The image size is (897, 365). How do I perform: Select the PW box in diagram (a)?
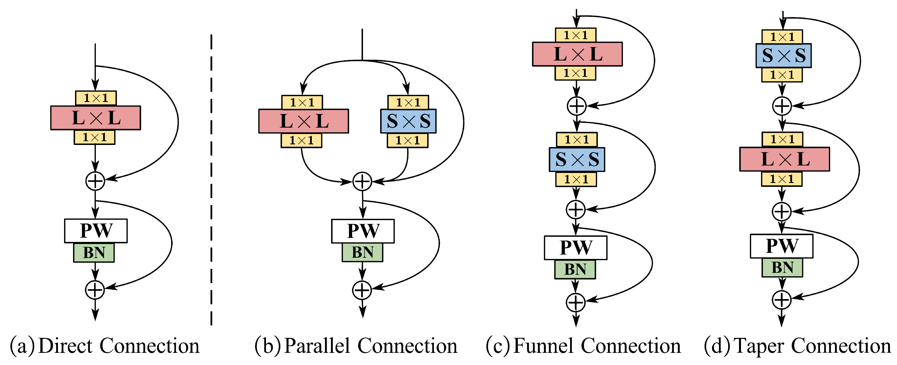96,230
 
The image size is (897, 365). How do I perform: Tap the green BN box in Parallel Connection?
363,253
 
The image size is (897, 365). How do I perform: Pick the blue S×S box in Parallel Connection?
408,121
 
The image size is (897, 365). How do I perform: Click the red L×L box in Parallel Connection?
303,121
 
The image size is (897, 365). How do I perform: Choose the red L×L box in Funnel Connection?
577,54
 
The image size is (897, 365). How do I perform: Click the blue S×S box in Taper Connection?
783,55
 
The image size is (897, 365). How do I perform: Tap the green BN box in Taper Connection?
782,267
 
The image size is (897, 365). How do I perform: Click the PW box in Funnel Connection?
575,248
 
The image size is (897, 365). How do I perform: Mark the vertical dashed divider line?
211,181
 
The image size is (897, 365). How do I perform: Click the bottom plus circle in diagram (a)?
95,290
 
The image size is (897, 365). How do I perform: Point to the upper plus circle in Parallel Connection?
362,181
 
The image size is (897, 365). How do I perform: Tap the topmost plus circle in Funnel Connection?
577,106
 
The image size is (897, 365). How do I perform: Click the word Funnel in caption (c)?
543,346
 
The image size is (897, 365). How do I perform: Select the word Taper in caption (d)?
759,346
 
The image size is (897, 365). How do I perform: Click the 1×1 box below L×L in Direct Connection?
94,137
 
